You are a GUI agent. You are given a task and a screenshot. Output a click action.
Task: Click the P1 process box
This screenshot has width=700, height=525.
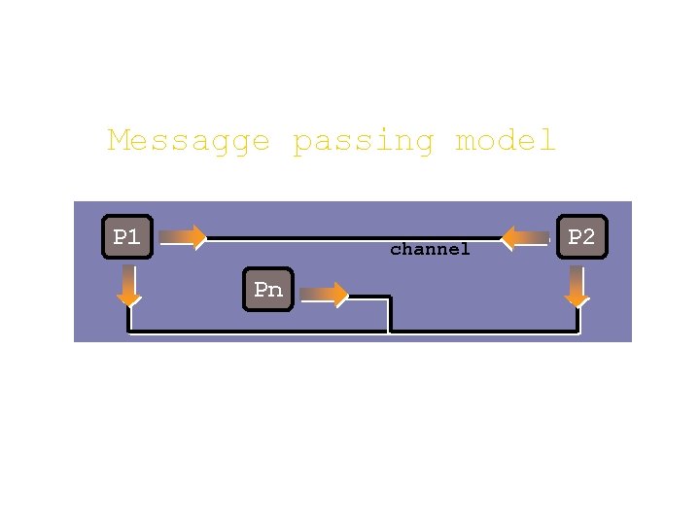point(128,236)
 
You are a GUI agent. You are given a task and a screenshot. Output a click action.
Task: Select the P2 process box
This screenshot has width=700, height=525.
point(581,237)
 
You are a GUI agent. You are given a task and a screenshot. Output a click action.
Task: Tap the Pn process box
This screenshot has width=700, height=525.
point(268,290)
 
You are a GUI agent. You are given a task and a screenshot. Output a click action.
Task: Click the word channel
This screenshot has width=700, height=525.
point(430,250)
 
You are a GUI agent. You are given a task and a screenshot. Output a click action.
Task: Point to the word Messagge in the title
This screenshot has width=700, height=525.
point(189,142)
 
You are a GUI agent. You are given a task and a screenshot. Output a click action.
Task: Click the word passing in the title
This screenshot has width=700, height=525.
point(364,142)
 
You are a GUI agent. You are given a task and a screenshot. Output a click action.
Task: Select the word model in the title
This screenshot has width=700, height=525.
point(506,142)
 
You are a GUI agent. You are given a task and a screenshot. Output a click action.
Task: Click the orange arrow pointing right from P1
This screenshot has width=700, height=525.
point(183,236)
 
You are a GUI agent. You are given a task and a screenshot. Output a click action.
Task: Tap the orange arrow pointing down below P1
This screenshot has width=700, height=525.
point(128,286)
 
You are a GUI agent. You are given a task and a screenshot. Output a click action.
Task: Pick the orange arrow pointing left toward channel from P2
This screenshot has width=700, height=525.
point(525,237)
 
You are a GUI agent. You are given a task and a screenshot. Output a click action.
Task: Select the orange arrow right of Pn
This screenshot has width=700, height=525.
point(325,294)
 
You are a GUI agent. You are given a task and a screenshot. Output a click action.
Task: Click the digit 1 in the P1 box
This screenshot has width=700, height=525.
point(134,236)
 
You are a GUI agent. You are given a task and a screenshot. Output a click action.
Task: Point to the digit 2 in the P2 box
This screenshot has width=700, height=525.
point(588,237)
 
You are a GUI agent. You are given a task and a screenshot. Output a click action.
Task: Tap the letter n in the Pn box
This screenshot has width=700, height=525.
point(275,291)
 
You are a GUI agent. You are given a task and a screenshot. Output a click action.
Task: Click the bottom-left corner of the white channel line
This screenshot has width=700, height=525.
point(129,332)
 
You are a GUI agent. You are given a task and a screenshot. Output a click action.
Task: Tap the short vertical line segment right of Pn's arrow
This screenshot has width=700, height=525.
point(389,313)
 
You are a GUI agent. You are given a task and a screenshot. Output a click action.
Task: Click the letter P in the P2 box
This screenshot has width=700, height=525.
point(575,237)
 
